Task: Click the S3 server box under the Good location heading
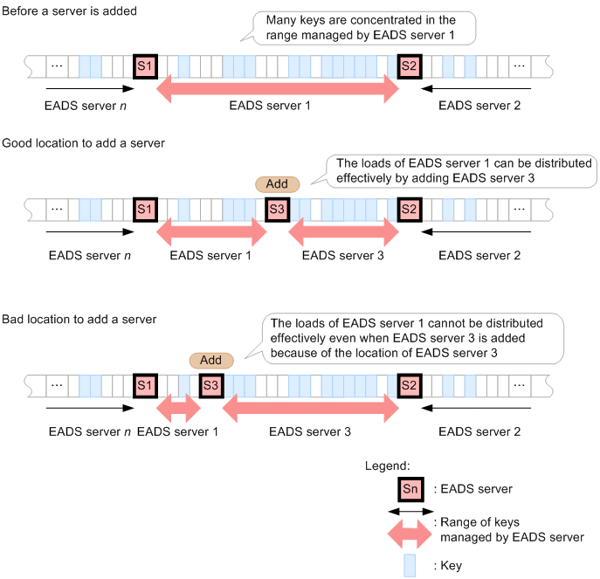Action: (278, 210)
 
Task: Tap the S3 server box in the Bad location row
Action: (211, 385)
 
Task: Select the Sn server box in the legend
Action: (410, 489)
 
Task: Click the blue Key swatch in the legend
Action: (410, 565)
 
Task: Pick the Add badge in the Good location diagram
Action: (277, 184)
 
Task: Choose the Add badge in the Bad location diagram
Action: (211, 360)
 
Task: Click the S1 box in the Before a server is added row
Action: (145, 66)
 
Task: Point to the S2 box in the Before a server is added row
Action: (410, 66)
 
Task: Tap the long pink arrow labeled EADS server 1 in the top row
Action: (278, 89)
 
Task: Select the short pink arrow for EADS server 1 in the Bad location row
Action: (178, 408)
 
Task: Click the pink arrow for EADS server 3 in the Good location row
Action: (343, 232)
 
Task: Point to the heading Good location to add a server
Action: (84, 143)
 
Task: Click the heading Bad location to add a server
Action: (79, 319)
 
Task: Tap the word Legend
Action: (387, 465)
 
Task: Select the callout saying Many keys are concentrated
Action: (363, 28)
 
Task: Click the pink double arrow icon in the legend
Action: (410, 534)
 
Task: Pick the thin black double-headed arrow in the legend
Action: (410, 511)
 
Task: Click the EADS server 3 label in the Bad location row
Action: (310, 431)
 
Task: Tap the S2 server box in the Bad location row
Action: (410, 385)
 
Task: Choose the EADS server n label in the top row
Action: (86, 106)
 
